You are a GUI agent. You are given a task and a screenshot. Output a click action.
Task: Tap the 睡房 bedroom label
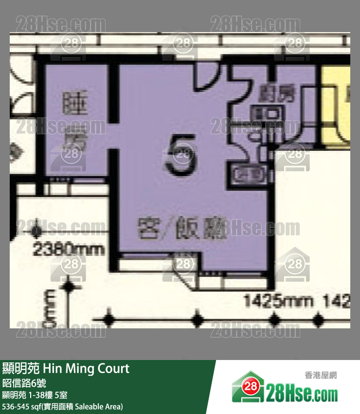tap(74, 122)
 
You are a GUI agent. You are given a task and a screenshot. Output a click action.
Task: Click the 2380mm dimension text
tap(69, 250)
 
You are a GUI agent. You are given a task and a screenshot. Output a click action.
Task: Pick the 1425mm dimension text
tap(278, 301)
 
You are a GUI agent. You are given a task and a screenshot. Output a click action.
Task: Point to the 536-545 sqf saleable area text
tap(62, 406)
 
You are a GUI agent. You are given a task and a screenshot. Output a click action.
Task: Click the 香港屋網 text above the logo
tap(321, 375)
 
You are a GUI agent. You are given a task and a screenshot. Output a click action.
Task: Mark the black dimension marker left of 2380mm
tap(36, 230)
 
